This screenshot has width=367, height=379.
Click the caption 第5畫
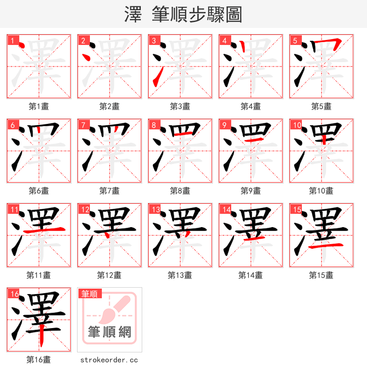click(321, 106)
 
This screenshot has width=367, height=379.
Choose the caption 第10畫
click(321, 191)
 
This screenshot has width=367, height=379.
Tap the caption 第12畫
click(109, 275)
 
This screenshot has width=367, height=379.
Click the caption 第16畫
click(39, 360)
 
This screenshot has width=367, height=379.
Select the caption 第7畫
click(109, 191)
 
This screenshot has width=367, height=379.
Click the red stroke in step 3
click(156, 76)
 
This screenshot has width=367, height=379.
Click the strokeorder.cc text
click(109, 360)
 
